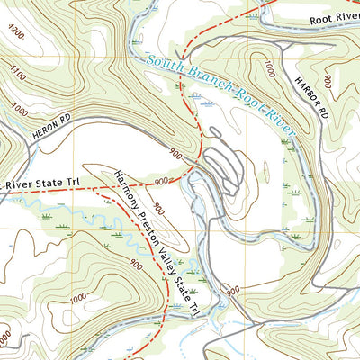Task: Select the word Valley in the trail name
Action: pos(168,255)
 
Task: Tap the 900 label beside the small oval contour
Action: pos(159,209)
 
